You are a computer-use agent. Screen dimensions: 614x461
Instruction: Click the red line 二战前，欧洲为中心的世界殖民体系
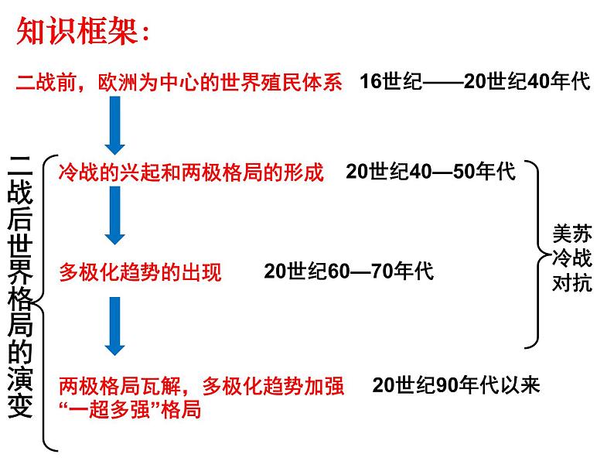tap(179, 83)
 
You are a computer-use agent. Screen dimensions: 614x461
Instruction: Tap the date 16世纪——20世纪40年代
tap(475, 83)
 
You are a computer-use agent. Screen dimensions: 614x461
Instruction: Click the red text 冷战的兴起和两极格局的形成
tap(191, 172)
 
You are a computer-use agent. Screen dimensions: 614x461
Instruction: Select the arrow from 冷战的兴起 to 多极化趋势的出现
tap(114, 217)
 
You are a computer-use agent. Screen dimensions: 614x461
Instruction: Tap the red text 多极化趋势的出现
tap(140, 271)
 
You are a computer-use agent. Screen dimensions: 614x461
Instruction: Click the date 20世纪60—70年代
tap(349, 271)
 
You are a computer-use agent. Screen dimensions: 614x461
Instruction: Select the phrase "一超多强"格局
tap(130, 409)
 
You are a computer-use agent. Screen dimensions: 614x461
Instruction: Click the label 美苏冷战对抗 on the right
tap(573, 258)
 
